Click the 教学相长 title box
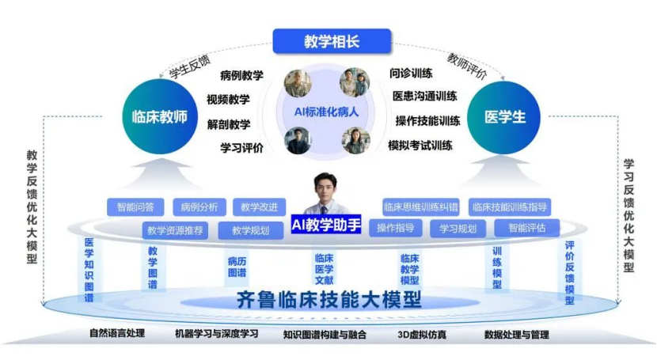point(332,41)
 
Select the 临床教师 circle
point(160,117)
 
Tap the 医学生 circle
point(504,117)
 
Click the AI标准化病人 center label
point(326,112)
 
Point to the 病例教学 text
point(241,75)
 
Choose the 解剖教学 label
point(229,124)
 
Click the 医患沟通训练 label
point(425,96)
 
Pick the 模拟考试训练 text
point(420,146)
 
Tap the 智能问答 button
point(135,207)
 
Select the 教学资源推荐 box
point(175,230)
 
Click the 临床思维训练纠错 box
point(420,207)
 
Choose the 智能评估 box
point(526,228)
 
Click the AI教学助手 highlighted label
point(326,225)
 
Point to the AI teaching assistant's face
point(325,190)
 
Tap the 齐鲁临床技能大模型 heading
point(329,300)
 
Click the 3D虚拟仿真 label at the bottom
point(422,335)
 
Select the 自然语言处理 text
point(117,333)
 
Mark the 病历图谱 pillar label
point(237,267)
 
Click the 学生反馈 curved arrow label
point(190,67)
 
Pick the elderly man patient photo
point(298,83)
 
